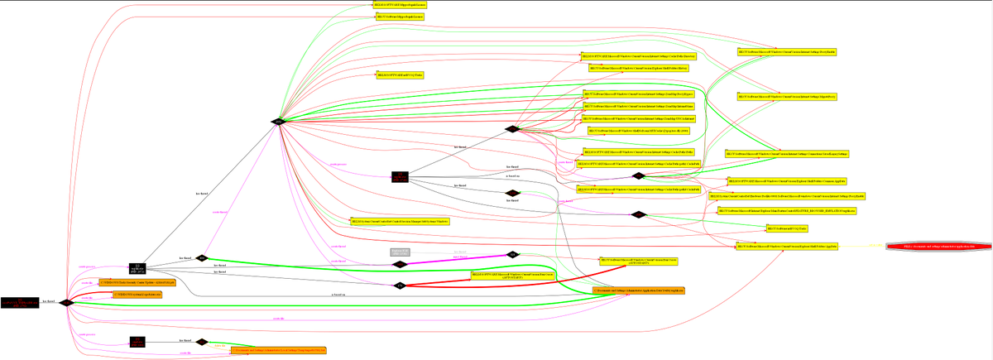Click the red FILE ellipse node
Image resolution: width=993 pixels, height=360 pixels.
click(937, 247)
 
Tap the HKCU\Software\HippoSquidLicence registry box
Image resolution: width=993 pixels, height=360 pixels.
click(400, 17)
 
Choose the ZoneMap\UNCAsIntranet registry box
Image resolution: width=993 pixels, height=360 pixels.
click(640, 119)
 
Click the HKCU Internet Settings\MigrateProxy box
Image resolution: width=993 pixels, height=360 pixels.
click(786, 97)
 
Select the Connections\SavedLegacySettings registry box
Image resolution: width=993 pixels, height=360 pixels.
click(787, 154)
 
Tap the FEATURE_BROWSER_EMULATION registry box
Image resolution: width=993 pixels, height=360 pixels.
click(786, 212)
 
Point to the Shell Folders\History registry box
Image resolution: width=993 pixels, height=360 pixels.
click(638, 68)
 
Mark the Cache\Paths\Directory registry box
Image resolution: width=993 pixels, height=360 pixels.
click(637, 56)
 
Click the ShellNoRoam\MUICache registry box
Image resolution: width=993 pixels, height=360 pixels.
click(637, 131)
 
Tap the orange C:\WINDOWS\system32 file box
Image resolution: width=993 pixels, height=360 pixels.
click(131, 294)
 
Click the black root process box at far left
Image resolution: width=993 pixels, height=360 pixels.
click(19, 303)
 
